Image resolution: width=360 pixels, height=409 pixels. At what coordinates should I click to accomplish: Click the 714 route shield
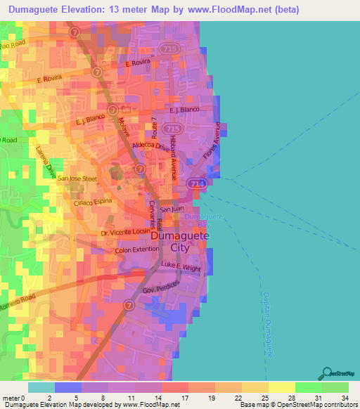point(196,183)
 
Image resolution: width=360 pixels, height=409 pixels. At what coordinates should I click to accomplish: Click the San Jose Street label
point(77,178)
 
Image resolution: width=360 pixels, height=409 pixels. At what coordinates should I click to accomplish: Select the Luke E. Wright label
point(181,266)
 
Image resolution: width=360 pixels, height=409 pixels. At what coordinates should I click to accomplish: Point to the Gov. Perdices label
point(162,287)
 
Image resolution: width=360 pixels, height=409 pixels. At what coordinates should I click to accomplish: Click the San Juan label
point(172,209)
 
